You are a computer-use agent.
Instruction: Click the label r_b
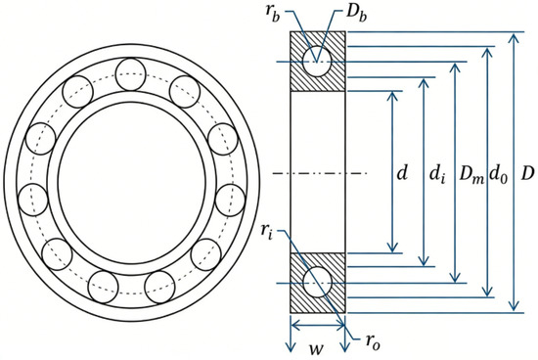(x=272, y=14)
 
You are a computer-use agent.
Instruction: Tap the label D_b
(x=356, y=14)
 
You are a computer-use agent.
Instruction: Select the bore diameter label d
(x=402, y=173)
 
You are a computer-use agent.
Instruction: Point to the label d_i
(x=438, y=175)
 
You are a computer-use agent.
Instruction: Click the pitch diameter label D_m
(x=471, y=175)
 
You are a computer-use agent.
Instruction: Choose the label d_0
(x=498, y=175)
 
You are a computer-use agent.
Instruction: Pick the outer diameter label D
(x=528, y=174)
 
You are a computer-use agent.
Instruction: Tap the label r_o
(x=373, y=341)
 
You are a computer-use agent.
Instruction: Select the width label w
(x=316, y=348)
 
